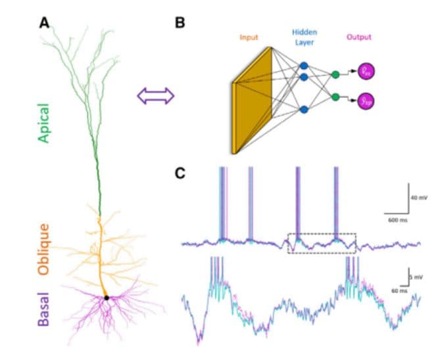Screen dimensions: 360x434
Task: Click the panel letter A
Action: click(x=44, y=22)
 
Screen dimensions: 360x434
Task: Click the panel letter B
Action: click(x=180, y=22)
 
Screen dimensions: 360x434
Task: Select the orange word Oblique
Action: click(x=44, y=248)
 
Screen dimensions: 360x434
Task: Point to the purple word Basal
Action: click(x=44, y=308)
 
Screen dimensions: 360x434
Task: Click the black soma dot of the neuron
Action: click(x=107, y=298)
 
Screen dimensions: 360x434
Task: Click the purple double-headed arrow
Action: click(x=155, y=96)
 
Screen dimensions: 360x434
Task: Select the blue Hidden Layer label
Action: click(x=304, y=37)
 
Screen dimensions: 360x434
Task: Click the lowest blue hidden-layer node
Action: click(x=304, y=110)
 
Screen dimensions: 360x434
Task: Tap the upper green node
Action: click(x=336, y=74)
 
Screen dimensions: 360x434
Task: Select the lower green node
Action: click(x=336, y=97)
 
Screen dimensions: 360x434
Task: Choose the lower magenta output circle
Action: click(x=365, y=101)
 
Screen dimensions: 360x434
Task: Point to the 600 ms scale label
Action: click(x=396, y=219)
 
